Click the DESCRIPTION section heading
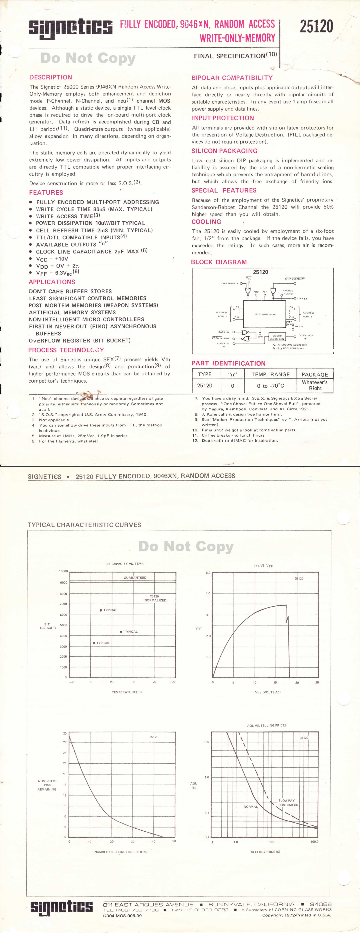pos(51,77)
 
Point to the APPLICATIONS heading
pos(52,282)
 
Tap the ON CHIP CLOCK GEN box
pos(277,337)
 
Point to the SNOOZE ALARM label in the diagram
pos(288,292)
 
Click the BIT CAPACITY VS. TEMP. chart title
pos(125,564)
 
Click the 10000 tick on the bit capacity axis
pos(63,571)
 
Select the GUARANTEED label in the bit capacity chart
pos(135,577)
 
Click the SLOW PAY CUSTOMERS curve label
pos(288,803)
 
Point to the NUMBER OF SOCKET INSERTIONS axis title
pos(121,852)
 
